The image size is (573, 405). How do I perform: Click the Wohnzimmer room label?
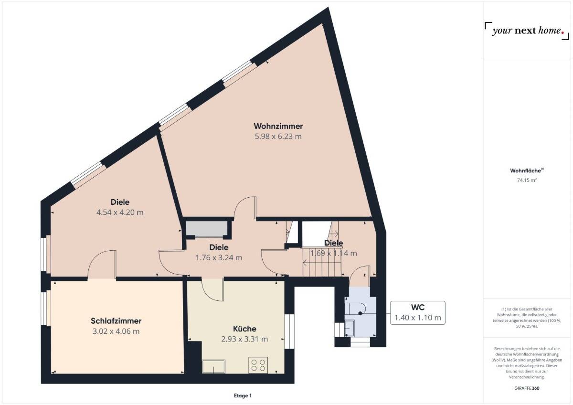[278, 126]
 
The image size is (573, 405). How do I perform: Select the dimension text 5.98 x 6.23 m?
[278, 137]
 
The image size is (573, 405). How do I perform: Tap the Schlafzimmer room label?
[116, 321]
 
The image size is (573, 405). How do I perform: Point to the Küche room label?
[244, 329]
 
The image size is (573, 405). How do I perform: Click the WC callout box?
[417, 313]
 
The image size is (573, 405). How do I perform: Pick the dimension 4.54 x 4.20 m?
[120, 213]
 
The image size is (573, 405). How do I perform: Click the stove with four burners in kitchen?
[258, 365]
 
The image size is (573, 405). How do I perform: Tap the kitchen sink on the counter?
[214, 366]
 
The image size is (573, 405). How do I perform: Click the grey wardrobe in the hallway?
[206, 229]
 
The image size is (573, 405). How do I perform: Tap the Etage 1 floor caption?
[243, 395]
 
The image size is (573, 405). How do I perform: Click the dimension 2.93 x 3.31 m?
[244, 339]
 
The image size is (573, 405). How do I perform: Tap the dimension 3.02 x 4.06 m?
[116, 331]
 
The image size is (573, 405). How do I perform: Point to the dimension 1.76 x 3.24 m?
[219, 258]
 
